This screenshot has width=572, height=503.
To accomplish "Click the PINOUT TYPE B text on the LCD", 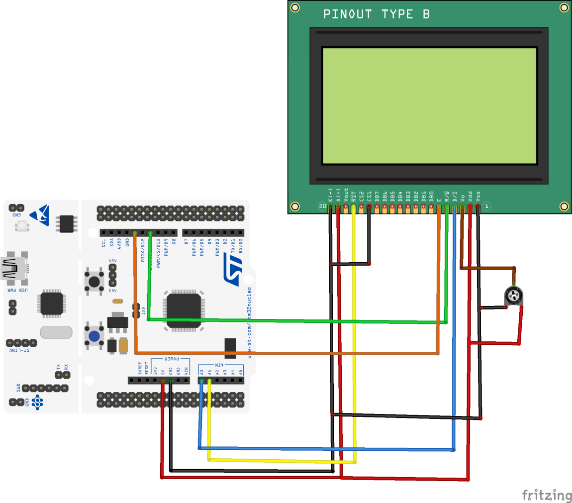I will [377, 14].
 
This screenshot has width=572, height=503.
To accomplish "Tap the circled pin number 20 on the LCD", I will [322, 206].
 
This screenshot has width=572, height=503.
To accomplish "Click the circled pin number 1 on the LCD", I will [486, 206].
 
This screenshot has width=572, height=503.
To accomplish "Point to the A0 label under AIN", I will [201, 372].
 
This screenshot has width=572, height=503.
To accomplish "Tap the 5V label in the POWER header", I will [163, 372].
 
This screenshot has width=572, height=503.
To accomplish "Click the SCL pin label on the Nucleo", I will [103, 243].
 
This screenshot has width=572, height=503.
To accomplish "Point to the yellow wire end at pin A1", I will [209, 381].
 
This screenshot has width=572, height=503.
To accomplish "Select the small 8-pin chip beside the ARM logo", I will [66, 224].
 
